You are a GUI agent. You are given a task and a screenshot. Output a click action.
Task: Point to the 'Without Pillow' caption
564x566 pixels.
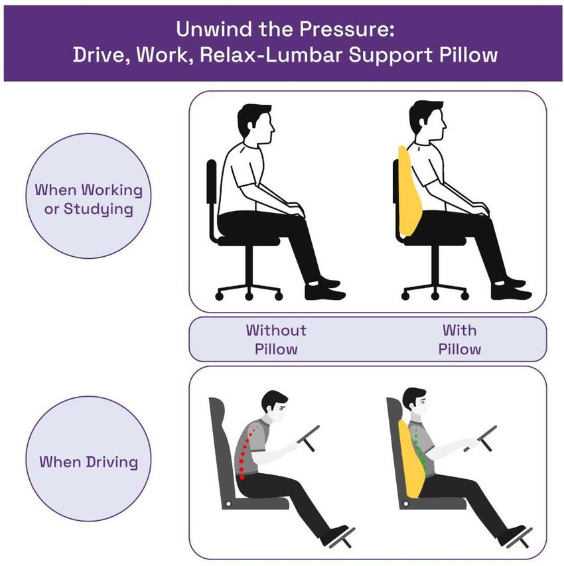click(276, 340)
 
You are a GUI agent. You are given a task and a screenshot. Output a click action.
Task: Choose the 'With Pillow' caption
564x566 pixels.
click(459, 340)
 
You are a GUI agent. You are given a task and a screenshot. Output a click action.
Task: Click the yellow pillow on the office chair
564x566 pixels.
click(409, 192)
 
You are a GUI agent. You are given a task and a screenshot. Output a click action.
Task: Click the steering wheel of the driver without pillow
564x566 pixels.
click(309, 438)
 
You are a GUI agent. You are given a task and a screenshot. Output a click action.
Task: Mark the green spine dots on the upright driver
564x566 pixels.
click(419, 448)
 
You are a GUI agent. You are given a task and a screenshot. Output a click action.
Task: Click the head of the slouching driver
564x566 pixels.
click(275, 407)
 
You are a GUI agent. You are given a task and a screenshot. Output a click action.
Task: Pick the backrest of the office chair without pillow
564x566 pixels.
click(212, 182)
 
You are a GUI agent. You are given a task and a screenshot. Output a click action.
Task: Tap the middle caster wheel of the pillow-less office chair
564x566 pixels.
click(249, 297)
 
